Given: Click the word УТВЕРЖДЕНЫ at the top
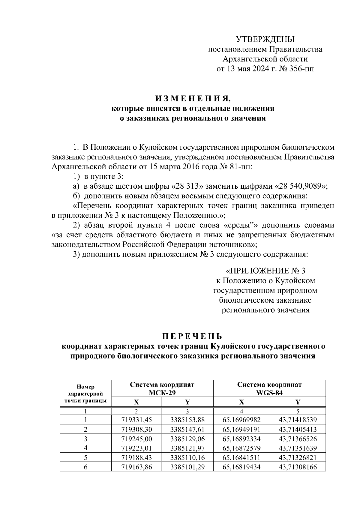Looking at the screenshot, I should (265, 39).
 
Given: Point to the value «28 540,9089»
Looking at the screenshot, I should (300, 186).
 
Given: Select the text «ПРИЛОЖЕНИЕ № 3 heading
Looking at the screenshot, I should (265, 271).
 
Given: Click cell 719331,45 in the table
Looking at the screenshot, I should (136, 420).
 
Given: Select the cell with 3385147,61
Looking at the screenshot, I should (187, 430).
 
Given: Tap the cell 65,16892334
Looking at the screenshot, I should (241, 439).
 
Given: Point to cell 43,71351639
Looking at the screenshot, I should (298, 449).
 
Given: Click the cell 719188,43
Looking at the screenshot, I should (136, 458).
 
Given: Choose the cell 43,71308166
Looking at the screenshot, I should (298, 467).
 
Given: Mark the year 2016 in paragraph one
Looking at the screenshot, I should (190, 167).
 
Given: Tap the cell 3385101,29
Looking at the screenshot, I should (187, 467).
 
